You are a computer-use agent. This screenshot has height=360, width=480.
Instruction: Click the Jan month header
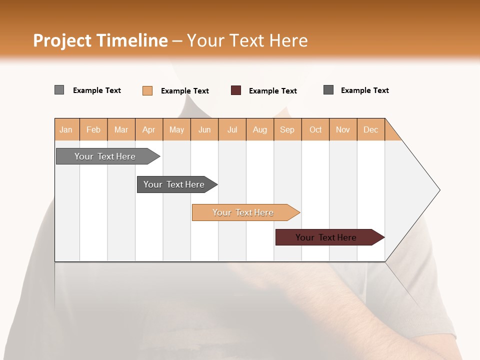pyautogui.click(x=66, y=129)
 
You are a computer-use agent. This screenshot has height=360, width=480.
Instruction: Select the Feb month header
pyautogui.click(x=93, y=129)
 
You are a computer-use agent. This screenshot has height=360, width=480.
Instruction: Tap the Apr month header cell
pyautogui.click(x=149, y=129)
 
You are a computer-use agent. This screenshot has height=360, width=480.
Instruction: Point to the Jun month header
pyautogui.click(x=204, y=129)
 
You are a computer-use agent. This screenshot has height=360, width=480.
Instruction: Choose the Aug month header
pyautogui.click(x=260, y=129)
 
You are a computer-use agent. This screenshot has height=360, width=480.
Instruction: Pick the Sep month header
pyautogui.click(x=287, y=129)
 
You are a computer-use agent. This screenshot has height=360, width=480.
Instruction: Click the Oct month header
pyautogui.click(x=315, y=129)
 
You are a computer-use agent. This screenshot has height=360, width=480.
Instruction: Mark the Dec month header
pyautogui.click(x=371, y=129)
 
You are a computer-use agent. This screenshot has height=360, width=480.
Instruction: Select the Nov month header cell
pyautogui.click(x=343, y=129)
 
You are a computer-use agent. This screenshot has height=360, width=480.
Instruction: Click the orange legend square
pyautogui.click(x=147, y=90)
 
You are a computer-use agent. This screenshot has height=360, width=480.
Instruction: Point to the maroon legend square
pyautogui.click(x=236, y=90)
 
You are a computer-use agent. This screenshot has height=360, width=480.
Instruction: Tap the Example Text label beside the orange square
pyautogui.click(x=185, y=91)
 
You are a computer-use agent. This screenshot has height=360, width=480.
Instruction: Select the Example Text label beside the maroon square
pyautogui.click(x=273, y=91)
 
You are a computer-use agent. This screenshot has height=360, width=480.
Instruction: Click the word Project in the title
pyautogui.click(x=63, y=40)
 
